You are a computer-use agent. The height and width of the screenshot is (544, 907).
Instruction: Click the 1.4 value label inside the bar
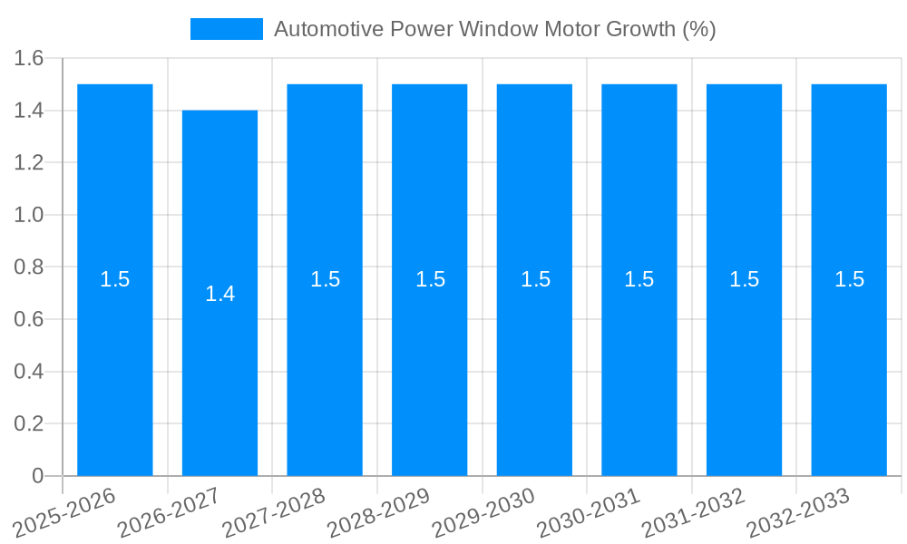pos(219,294)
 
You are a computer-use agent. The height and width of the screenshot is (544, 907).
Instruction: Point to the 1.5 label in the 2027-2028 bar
pos(325,279)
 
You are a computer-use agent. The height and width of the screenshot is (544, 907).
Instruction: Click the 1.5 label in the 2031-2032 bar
pos(744,279)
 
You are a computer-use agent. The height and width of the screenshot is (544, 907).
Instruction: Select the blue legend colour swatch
pos(226,29)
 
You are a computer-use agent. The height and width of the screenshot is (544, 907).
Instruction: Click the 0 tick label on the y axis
pos(37,476)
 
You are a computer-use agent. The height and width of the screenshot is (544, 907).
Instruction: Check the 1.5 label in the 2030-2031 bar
pos(639,279)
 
